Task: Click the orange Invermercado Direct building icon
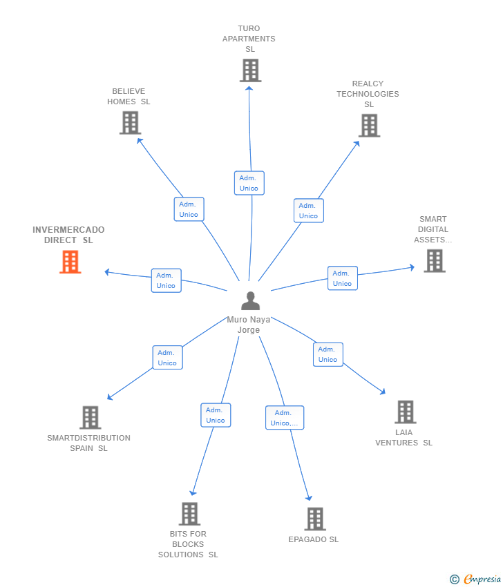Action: (x=70, y=262)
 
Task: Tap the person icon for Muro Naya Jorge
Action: (x=250, y=300)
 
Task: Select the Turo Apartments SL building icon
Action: (x=250, y=70)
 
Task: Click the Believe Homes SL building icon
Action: (x=130, y=123)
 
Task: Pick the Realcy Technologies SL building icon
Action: (x=370, y=126)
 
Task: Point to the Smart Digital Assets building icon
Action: (x=434, y=261)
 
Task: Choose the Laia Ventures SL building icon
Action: (x=405, y=412)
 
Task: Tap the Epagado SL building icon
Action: (x=315, y=519)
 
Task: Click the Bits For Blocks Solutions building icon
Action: (x=189, y=514)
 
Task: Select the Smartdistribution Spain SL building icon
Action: (x=91, y=417)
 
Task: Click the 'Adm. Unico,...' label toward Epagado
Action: (x=285, y=418)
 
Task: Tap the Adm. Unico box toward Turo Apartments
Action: (x=249, y=183)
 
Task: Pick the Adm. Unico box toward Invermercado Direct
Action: (x=166, y=280)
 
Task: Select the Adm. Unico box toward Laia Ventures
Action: (x=328, y=354)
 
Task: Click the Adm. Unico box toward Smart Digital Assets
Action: (x=342, y=278)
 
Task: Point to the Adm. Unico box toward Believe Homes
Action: (x=189, y=209)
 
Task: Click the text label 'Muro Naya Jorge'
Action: (x=249, y=325)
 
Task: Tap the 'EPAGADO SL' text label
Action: (x=314, y=539)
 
